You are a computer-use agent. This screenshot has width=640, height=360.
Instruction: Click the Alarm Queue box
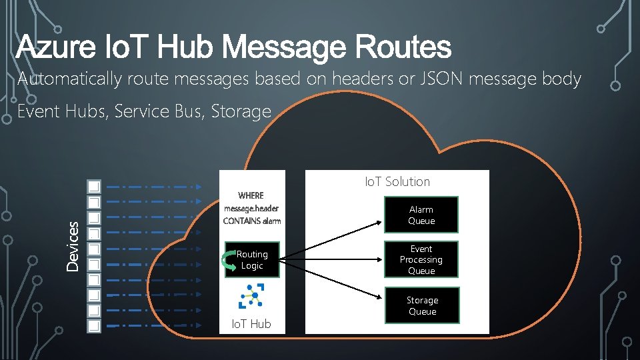pos(421,215)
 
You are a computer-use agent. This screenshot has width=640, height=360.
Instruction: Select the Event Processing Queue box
pos(421,259)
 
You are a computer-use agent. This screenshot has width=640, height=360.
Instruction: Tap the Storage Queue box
pos(422,305)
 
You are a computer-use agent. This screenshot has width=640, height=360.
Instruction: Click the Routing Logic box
pos(252,260)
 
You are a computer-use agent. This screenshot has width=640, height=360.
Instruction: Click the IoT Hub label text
pos(251,324)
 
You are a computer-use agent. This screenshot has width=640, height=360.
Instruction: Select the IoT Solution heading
pos(397,181)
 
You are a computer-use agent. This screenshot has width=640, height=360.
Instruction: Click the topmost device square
pos(94,186)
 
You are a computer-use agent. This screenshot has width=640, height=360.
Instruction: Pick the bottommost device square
pos(94,326)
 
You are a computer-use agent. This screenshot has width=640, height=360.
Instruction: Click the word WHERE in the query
pos(251,195)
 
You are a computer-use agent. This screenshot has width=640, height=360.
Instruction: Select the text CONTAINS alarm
pos(252,221)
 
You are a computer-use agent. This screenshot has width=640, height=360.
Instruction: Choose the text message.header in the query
pos(251,208)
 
